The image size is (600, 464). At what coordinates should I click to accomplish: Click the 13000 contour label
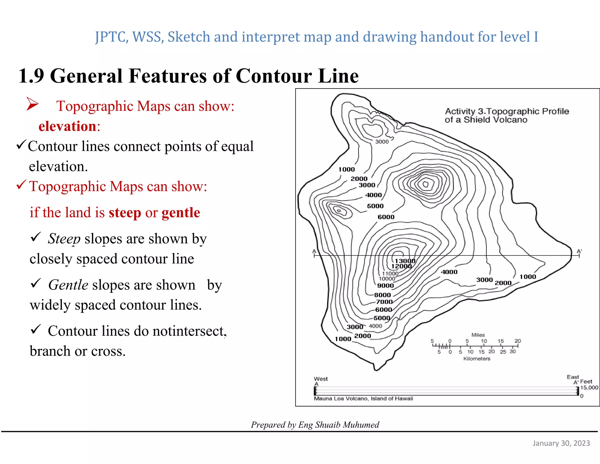pos(405,261)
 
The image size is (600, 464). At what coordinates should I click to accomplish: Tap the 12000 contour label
pos(401,266)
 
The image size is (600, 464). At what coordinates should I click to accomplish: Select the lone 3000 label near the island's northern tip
pos(382,142)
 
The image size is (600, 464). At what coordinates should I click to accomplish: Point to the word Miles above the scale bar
pos(478,335)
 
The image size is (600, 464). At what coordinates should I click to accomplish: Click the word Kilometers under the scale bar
pos(477,359)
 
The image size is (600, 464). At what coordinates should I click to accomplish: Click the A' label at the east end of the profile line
pos(579,251)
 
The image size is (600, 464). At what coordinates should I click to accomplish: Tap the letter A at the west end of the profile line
pos(314,251)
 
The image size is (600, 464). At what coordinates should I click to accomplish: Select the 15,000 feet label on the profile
pos(589,388)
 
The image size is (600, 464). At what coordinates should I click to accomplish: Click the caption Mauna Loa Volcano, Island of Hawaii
pos(363,399)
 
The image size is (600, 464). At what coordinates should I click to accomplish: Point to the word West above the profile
pos(321,379)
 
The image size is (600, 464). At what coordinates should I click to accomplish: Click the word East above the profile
pos(572,377)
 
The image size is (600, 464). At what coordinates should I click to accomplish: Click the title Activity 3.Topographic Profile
pos(507,111)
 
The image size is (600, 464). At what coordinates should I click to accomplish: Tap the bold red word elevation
pos(68,126)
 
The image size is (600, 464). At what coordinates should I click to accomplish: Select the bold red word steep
pos(125,213)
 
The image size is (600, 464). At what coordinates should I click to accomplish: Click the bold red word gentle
pos(181,213)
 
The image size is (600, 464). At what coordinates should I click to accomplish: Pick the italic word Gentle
pos(68,285)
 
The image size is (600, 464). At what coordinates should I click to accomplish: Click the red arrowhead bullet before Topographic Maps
pos(32,104)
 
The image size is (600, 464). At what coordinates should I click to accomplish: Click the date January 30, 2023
pos(561,443)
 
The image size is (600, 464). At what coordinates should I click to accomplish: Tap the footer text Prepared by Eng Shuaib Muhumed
pos(315,425)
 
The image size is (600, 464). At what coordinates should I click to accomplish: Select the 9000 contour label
pos(385,286)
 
